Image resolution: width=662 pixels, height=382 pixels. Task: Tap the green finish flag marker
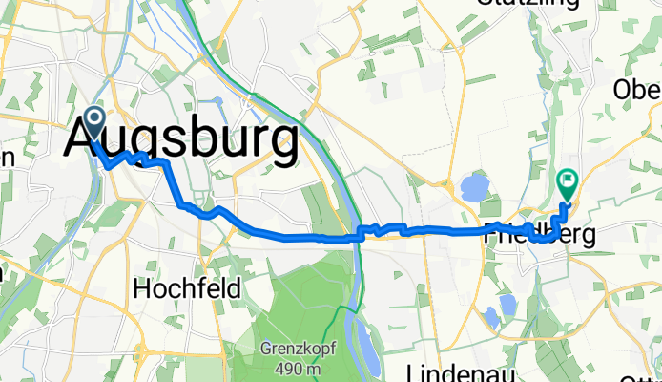point(568,180)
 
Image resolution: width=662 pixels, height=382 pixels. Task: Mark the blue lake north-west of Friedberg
point(475,187)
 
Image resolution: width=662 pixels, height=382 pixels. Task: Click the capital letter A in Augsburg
point(85,141)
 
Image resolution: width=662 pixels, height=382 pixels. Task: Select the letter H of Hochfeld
point(142,286)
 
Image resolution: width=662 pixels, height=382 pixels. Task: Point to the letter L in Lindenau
point(413,371)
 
